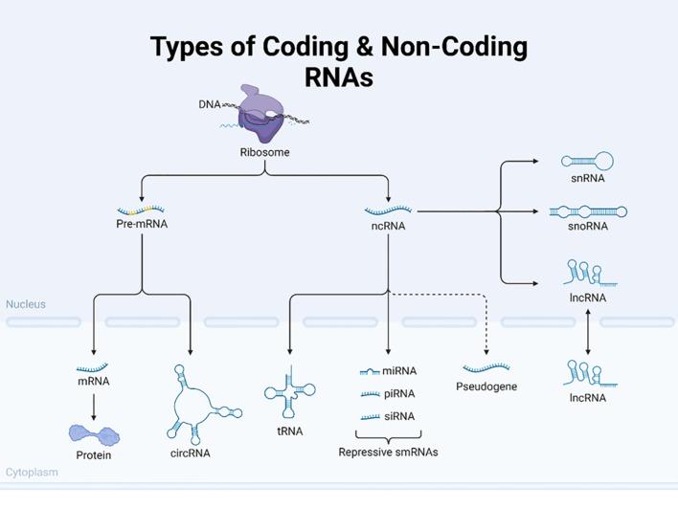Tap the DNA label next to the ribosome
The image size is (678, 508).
pyautogui.click(x=209, y=104)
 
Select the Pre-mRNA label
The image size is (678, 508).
pyautogui.click(x=142, y=226)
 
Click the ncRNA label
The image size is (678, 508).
pyautogui.click(x=388, y=227)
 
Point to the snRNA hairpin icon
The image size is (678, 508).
pyautogui.click(x=587, y=161)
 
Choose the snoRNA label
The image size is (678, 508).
pyautogui.click(x=587, y=227)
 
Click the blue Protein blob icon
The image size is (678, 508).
pyautogui.click(x=94, y=436)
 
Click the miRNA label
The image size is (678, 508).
pyautogui.click(x=399, y=371)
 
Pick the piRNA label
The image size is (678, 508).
pyautogui.click(x=399, y=394)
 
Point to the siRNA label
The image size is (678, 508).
pyautogui.click(x=399, y=417)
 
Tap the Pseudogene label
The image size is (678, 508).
pyautogui.click(x=486, y=387)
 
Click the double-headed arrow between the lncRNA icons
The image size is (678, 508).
pyautogui.click(x=587, y=333)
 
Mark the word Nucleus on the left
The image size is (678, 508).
pyautogui.click(x=26, y=305)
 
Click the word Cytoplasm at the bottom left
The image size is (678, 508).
pyautogui.click(x=32, y=473)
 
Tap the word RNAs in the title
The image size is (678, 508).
pyautogui.click(x=338, y=77)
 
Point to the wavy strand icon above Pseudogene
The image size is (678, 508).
pyautogui.click(x=486, y=367)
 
